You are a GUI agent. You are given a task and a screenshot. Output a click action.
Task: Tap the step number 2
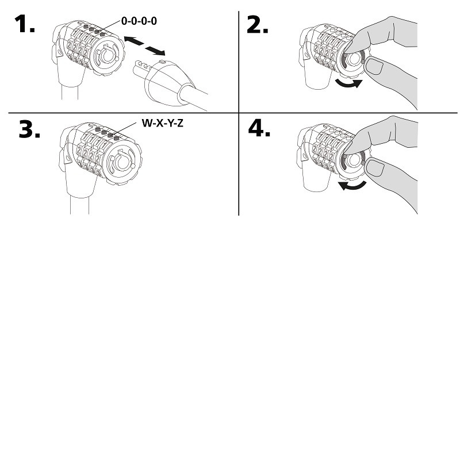259,25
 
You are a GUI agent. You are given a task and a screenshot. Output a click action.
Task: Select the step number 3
29,129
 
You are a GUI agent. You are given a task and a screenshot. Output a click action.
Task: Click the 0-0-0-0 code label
139,21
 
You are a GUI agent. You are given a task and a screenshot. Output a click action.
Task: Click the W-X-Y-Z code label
162,122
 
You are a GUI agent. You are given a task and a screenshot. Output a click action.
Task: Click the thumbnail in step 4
377,168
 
